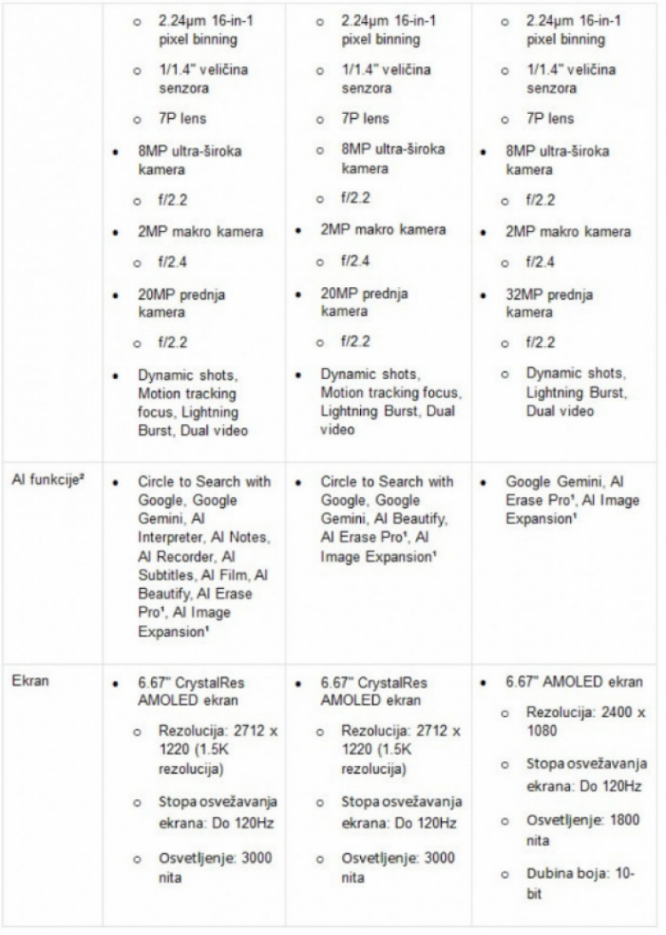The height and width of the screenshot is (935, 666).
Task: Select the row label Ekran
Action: (30, 681)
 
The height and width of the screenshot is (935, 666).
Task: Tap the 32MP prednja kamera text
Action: (549, 303)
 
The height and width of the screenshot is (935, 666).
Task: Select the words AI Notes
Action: (246, 537)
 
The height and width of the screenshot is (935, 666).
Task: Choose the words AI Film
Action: (231, 575)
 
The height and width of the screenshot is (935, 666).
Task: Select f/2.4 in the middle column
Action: (354, 261)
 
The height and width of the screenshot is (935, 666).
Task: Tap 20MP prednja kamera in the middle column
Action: (364, 302)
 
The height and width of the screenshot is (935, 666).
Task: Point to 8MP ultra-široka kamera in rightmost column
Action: (557, 160)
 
